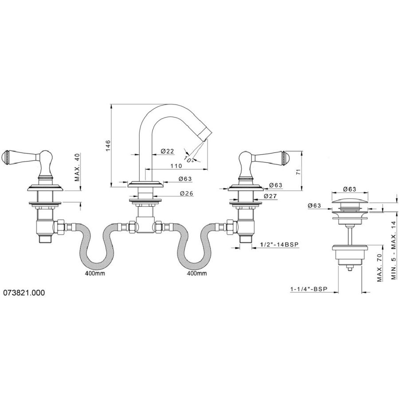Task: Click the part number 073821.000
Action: coord(24,293)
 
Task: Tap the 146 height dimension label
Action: coord(108,146)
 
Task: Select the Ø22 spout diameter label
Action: coord(167,151)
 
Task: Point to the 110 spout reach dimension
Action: coord(176,166)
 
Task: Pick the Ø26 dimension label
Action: coord(187,193)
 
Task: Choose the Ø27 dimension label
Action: coord(270,196)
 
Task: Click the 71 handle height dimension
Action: coord(298,171)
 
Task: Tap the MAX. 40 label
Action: coord(77,167)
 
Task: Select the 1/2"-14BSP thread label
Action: coord(279,244)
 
